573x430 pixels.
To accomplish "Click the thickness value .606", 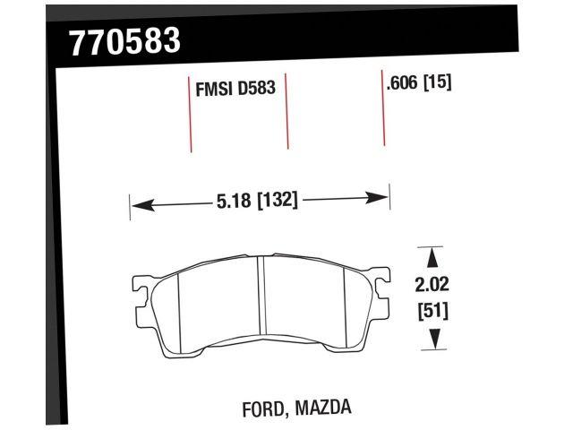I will click(x=403, y=84).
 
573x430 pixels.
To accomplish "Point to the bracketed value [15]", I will click(x=438, y=84).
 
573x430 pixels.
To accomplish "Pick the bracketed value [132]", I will click(x=277, y=201).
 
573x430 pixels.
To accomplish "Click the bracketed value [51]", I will click(x=432, y=313).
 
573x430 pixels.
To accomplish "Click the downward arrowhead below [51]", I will click(x=432, y=339).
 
